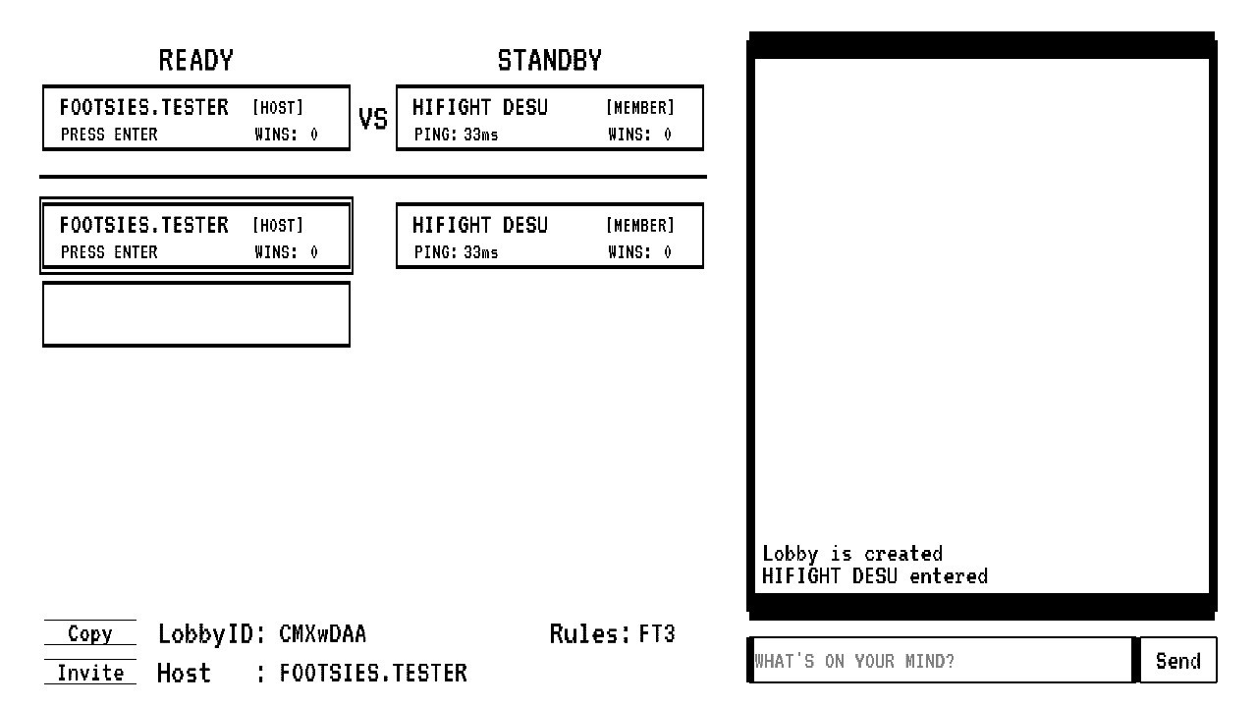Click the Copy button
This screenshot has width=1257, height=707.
pos(89,633)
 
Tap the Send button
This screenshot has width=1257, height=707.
pos(1177,661)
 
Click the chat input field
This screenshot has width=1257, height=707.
pos(942,661)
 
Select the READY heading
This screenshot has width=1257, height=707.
pos(195,61)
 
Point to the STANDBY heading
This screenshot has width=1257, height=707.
pos(549,61)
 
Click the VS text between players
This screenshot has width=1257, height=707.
pos(373,119)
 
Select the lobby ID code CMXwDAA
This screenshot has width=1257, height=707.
pos(323,634)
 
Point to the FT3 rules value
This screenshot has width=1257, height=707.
pos(657,634)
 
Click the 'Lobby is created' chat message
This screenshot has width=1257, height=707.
pos(851,554)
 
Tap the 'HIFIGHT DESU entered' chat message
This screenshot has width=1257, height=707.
pos(875,576)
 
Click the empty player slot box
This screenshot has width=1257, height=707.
pos(196,314)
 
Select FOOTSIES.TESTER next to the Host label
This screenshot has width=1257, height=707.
pos(373,673)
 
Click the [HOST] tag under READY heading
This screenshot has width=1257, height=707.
pos(278,107)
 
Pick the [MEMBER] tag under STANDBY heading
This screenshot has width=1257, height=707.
pos(640,107)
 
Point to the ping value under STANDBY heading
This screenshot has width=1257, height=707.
pos(480,135)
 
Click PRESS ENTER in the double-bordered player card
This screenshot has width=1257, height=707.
pos(109,252)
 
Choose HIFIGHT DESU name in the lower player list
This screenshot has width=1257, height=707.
pos(480,225)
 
